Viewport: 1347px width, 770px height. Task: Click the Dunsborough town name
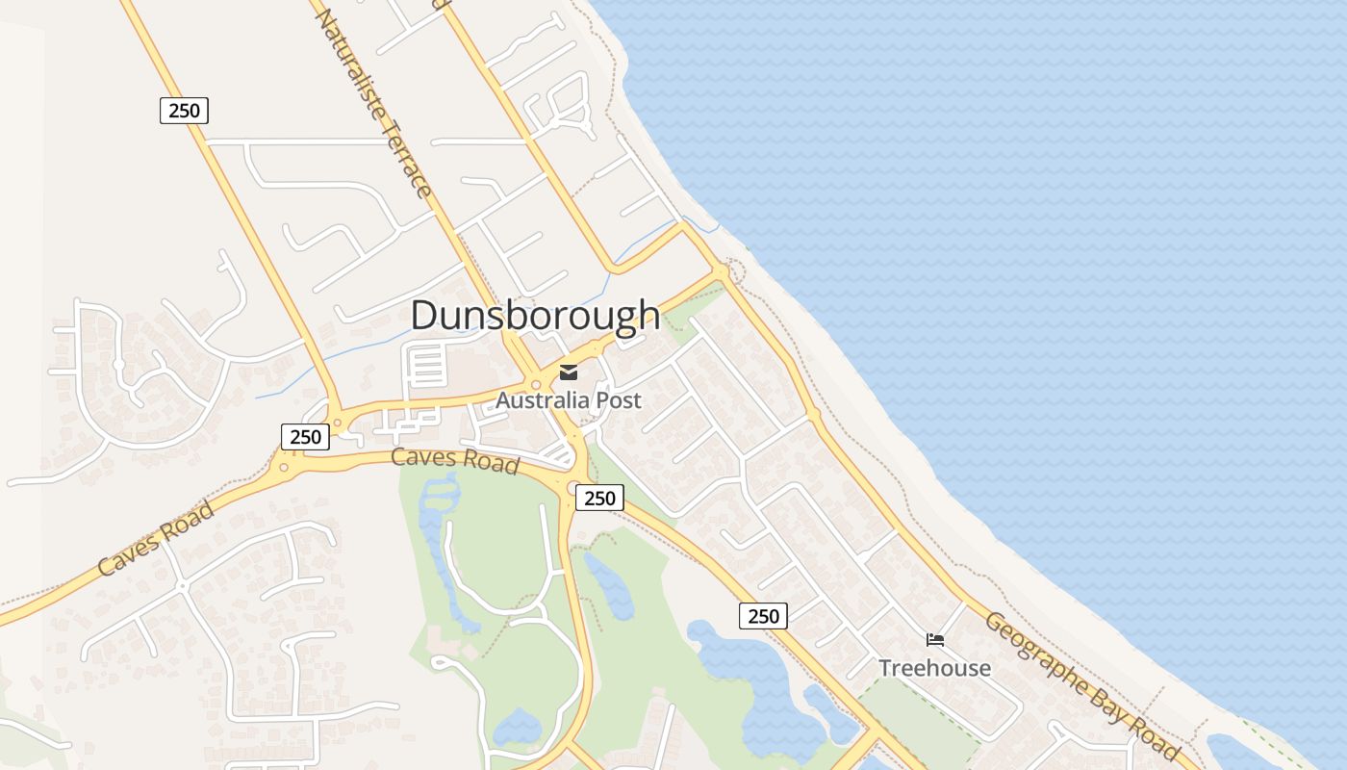(x=535, y=316)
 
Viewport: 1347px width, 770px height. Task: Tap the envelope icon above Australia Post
(x=569, y=372)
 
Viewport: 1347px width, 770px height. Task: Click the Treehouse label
(x=934, y=668)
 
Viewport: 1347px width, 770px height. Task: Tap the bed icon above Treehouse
(x=934, y=640)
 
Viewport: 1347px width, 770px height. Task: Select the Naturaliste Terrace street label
(x=374, y=101)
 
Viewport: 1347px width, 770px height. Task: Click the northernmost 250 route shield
(x=184, y=111)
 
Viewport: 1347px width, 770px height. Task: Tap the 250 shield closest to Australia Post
(x=599, y=498)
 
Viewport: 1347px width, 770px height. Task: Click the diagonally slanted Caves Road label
(x=156, y=538)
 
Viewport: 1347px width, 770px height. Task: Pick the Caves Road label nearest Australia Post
(x=455, y=460)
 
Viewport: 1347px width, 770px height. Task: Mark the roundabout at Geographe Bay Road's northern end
(x=722, y=274)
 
